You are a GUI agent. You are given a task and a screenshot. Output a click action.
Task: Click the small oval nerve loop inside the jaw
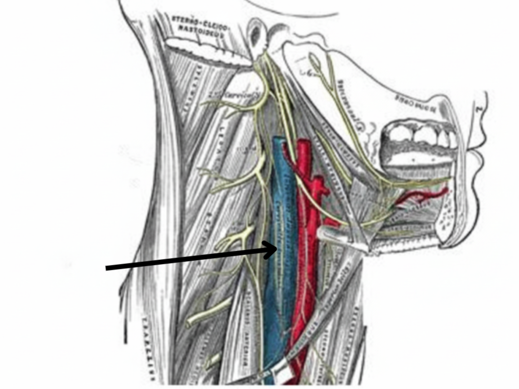pos(314,62)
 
